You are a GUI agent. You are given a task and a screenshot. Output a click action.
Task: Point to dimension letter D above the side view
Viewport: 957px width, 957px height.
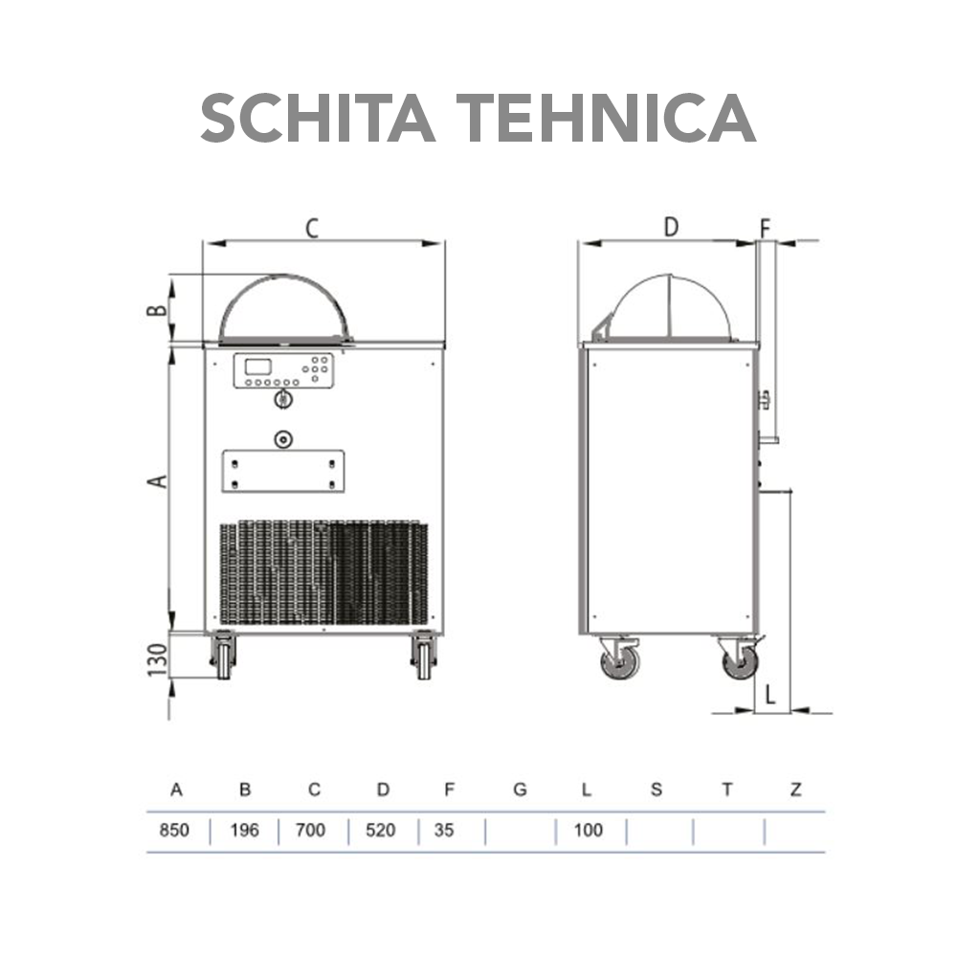(x=671, y=227)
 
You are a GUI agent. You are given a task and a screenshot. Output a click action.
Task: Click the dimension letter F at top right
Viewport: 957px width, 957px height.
(x=765, y=228)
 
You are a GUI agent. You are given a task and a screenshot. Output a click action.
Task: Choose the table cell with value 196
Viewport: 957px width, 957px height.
(x=245, y=830)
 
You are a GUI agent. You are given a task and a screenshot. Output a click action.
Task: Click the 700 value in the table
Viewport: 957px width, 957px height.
(x=311, y=830)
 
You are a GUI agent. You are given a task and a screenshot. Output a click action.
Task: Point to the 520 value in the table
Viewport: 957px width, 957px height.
(x=381, y=830)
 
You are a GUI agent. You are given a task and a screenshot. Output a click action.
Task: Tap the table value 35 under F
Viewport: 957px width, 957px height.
(x=444, y=830)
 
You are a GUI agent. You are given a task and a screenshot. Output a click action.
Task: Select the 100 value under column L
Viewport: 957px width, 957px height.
(x=588, y=830)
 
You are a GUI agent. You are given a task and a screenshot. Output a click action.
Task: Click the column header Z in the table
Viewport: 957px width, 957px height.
(x=795, y=790)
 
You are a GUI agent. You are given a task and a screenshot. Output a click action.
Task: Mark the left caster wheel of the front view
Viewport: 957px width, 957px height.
(x=224, y=657)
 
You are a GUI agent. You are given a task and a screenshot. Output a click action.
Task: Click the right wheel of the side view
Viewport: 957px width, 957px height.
(x=740, y=660)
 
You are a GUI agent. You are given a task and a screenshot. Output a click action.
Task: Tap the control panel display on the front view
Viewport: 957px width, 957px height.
(x=260, y=367)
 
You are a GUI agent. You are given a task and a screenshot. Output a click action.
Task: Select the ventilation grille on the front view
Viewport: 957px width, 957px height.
(x=323, y=572)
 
